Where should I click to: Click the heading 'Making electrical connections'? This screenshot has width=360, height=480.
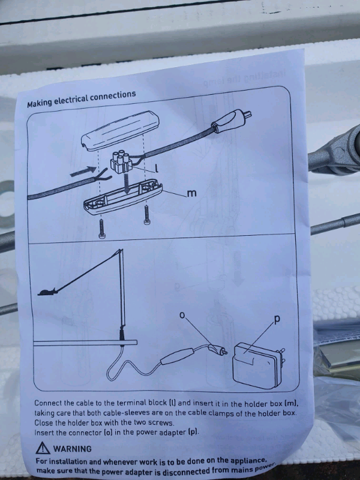(82, 99)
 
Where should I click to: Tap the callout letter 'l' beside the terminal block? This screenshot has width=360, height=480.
(156, 168)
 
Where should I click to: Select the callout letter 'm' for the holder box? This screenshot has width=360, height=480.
(191, 193)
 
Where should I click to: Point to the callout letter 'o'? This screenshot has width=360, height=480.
(182, 315)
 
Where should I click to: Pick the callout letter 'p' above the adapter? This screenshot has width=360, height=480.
(276, 320)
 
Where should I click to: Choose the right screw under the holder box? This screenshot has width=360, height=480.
(146, 215)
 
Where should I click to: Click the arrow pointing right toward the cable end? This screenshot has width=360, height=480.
(83, 171)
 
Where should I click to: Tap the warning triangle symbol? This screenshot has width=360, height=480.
(43, 448)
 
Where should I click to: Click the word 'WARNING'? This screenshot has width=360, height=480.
(73, 449)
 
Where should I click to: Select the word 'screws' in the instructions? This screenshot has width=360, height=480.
(161, 423)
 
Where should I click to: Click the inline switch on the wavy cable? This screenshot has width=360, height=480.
(177, 356)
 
